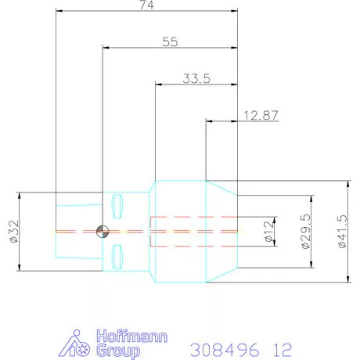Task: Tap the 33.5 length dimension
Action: coord(196,78)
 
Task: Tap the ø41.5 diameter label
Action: coord(342,232)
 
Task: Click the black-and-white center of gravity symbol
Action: coord(101,231)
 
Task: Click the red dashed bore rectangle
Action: coord(193,231)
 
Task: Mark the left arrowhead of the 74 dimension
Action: coord(59,12)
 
